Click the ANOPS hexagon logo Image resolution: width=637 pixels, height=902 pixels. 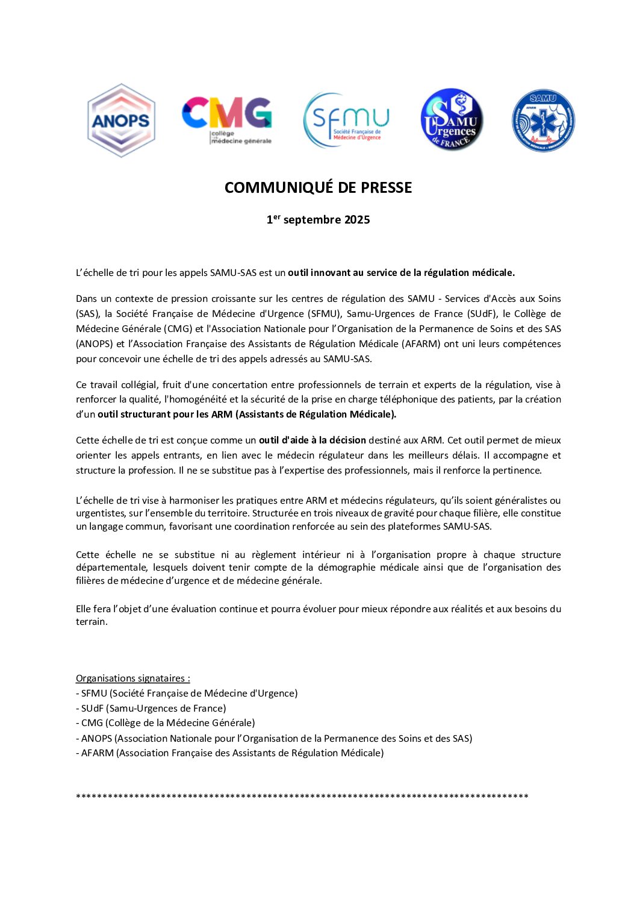coord(121,121)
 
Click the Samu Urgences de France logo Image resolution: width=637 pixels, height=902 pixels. coord(452,120)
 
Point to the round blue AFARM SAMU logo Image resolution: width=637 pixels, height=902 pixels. coord(543,121)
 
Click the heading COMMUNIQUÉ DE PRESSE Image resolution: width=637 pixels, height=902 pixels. coord(318,187)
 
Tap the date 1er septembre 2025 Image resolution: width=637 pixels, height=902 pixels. coord(318,220)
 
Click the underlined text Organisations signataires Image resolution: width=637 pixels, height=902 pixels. coord(132,678)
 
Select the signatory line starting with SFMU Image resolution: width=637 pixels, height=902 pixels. coord(187,694)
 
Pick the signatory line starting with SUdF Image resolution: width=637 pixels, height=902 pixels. coord(151,709)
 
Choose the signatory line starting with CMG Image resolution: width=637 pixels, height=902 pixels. coord(165,723)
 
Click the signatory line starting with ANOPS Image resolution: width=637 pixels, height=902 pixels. coord(274,738)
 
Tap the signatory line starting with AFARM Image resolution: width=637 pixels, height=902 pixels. coord(229,753)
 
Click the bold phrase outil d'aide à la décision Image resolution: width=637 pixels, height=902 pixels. coord(312,440)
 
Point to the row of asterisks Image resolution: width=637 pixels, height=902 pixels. coord(302,797)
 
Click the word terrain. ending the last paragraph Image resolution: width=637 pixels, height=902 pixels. coord(92,622)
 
